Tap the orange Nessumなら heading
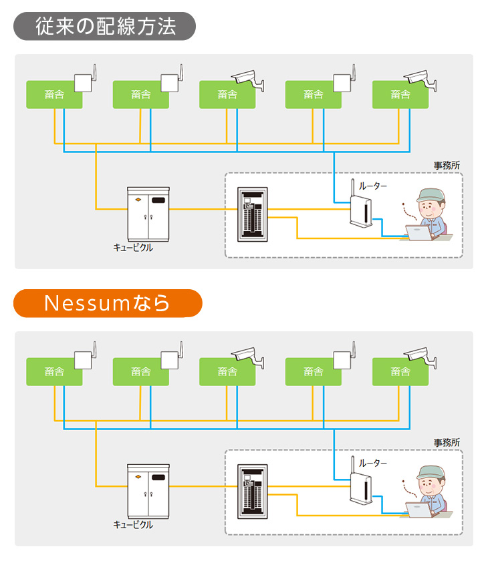coord(107,303)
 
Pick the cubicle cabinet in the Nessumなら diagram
coord(148,491)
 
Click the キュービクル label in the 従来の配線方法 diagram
coord(133,248)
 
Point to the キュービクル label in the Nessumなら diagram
coord(133,525)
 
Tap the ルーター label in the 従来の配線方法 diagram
coord(373,186)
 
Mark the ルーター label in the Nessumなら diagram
coord(373,463)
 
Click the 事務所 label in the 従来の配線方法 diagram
coord(447,165)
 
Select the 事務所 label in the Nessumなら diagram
coord(447,442)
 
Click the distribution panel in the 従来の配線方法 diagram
coord(253,214)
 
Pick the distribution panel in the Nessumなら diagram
coord(253,491)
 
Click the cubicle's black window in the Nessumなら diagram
coord(158,478)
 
